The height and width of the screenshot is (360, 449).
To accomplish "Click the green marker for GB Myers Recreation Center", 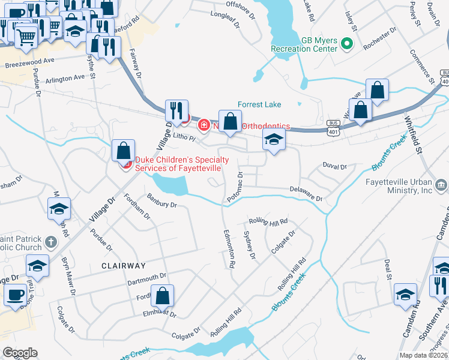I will [346, 44].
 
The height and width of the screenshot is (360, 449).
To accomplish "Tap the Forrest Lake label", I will [259, 104].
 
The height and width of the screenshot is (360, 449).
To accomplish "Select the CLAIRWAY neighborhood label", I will [124, 265].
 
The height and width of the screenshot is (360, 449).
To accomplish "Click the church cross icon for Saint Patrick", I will [51, 242].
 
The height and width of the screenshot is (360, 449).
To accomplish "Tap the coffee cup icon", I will [15, 295].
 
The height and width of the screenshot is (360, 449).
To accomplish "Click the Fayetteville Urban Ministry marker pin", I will [442, 184].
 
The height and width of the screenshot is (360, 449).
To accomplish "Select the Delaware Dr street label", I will [307, 194].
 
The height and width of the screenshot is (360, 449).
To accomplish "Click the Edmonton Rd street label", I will [229, 248].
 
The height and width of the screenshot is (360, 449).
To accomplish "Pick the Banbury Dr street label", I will [161, 200].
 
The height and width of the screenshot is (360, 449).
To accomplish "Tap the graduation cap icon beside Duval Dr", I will [274, 140].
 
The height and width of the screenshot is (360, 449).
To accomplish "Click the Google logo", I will [20, 353].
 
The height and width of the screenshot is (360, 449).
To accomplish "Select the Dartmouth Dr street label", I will [146, 279].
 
